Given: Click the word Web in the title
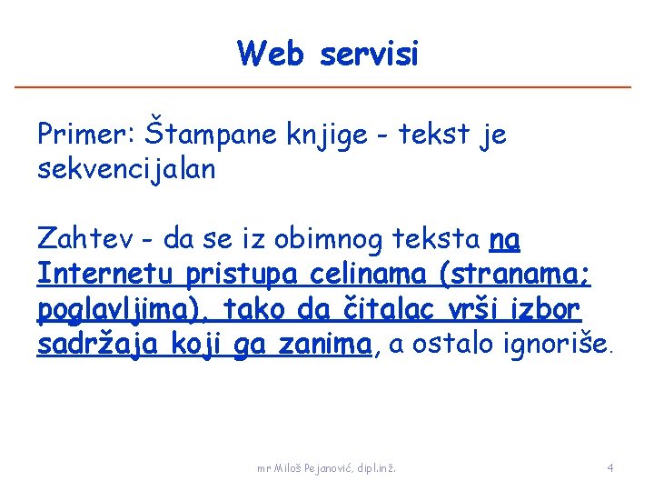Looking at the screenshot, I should click(x=272, y=54).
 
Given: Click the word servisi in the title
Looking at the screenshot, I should click(x=369, y=54).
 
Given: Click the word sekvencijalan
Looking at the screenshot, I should click(x=126, y=169).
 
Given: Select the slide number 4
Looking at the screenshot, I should click(x=610, y=468).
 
